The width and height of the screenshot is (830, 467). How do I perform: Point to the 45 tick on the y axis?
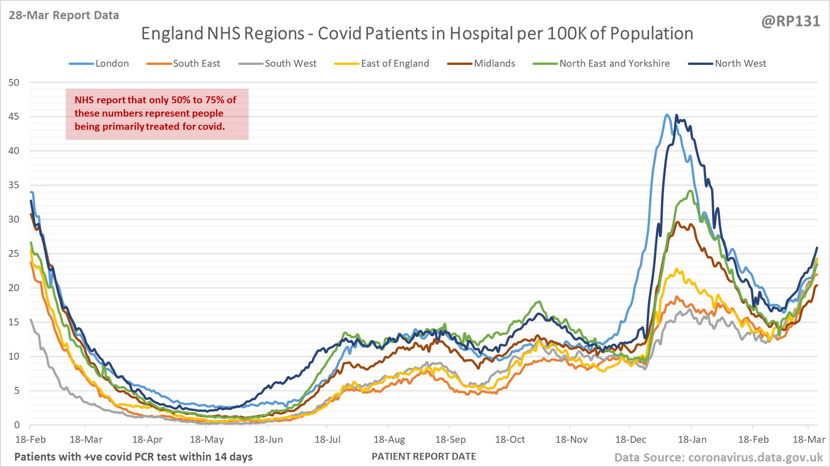pos(14,117)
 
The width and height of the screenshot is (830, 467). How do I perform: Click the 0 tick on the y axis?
pos(17,425)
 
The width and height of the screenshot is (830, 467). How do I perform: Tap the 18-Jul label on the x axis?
pos(328,440)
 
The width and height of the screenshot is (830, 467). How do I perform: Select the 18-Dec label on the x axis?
pos(631,440)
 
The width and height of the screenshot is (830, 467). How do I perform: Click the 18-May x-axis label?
pos(207,440)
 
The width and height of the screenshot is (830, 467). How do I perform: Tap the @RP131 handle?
pos(790,21)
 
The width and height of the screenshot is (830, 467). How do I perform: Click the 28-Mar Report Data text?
pos(64,15)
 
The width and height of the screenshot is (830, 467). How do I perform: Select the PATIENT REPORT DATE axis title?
pos(424,456)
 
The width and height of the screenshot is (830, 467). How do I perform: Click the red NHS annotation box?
pos(157,114)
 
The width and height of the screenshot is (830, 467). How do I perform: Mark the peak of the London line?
pos(667,115)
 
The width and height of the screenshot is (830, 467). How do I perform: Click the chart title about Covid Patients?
pos(417,33)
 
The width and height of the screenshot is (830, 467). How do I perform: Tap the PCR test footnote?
pos(133,456)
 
